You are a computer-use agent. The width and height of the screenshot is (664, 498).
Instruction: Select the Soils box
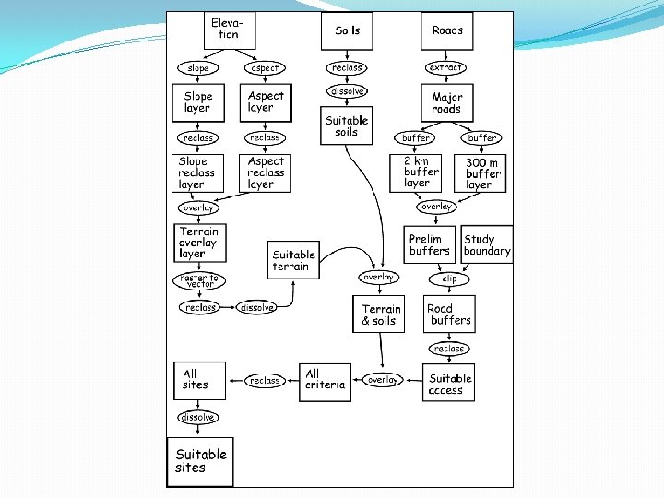coord(347,30)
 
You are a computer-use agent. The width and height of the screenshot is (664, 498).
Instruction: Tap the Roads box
coord(447,30)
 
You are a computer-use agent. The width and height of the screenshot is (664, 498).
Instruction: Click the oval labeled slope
coord(198,68)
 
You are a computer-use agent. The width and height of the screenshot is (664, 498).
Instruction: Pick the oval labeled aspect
coord(265,68)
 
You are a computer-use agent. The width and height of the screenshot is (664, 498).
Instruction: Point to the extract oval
coord(446,68)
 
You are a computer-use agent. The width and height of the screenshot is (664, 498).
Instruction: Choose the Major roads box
coord(446,102)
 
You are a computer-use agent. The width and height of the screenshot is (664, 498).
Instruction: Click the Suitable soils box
coord(347,126)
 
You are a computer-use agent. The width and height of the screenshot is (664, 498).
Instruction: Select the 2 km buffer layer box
coord(421,172)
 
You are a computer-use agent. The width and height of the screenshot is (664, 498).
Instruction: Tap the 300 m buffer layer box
coord(484,172)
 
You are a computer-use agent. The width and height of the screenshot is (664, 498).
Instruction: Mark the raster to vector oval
coord(199,279)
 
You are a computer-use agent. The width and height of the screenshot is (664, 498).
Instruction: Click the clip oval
coord(449,279)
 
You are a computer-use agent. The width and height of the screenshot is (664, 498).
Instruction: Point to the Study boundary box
coord(487,245)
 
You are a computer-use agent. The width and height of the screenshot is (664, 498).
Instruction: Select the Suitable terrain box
coord(294,261)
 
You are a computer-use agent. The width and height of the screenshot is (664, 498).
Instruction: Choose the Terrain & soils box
coord(379,314)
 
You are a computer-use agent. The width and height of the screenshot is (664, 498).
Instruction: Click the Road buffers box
coord(449,314)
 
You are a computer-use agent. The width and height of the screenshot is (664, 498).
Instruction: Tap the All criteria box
coord(326,379)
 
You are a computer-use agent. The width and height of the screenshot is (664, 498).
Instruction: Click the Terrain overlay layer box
coord(200,242)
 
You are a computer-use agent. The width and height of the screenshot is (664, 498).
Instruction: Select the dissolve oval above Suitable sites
coord(198,417)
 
